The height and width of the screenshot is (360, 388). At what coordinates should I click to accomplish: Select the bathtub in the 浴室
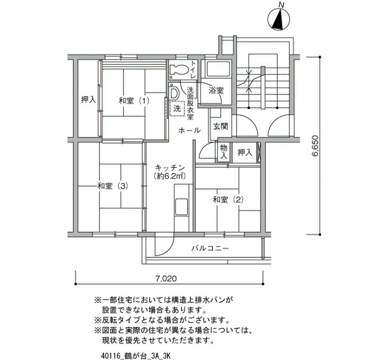[x=218, y=69]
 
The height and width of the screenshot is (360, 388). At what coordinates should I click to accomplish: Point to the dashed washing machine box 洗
[x=177, y=109]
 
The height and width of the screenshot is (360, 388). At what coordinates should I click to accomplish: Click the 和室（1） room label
[x=134, y=101]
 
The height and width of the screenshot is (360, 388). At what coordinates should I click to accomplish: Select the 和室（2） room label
[x=228, y=199]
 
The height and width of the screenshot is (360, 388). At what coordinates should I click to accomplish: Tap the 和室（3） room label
[x=113, y=186]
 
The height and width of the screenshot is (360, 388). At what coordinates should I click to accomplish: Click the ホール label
[x=190, y=130]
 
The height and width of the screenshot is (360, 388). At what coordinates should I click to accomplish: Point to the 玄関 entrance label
[x=221, y=127]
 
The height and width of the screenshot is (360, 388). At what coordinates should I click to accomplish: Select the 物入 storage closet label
[x=224, y=152]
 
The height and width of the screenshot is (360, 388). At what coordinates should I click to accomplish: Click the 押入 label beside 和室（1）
[x=88, y=100]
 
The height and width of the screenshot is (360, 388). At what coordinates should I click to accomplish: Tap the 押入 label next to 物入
[x=245, y=152]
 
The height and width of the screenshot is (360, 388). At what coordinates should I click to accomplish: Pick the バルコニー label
[x=210, y=248]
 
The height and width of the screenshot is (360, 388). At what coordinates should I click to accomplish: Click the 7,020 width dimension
[x=166, y=279]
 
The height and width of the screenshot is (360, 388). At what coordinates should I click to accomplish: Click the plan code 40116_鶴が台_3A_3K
[x=136, y=356]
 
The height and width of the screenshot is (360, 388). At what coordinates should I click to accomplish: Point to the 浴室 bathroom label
[x=216, y=90]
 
